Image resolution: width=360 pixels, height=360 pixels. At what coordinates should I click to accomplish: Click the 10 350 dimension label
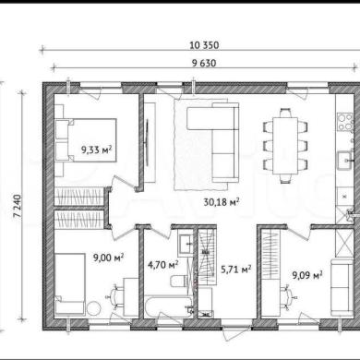[x=204, y=45]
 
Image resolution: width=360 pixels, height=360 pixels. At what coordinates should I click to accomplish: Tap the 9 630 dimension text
[x=204, y=63]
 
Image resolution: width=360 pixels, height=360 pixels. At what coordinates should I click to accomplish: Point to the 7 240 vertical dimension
[x=18, y=206]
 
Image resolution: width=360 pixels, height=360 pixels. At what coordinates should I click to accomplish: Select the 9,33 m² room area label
[x=96, y=150]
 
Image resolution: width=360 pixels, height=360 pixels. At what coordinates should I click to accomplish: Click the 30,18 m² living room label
[x=222, y=202]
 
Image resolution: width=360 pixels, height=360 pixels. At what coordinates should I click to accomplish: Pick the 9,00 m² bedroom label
[x=109, y=258]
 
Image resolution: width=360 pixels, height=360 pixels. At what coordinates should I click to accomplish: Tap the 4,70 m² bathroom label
[x=163, y=265]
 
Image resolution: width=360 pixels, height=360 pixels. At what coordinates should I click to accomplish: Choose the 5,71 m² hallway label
[x=236, y=270]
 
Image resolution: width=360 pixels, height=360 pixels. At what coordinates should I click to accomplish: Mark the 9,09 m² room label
[x=307, y=275]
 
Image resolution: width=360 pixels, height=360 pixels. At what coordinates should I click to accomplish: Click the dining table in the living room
[x=285, y=146]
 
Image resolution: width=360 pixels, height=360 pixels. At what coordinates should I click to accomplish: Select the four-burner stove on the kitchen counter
[x=345, y=122]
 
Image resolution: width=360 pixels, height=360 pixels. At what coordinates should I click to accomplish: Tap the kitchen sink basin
[x=345, y=161]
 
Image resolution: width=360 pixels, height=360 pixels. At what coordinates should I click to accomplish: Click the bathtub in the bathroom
[x=168, y=307]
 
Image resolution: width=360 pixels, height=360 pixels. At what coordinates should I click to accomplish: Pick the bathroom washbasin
[x=186, y=245]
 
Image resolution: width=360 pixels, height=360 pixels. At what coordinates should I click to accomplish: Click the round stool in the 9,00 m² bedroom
[x=93, y=308]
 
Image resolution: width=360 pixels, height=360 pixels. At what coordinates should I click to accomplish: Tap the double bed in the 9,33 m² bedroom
[x=86, y=140]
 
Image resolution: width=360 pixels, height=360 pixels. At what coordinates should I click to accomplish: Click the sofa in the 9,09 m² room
[x=342, y=288]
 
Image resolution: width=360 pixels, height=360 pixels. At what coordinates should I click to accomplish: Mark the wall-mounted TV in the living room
[x=148, y=143]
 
